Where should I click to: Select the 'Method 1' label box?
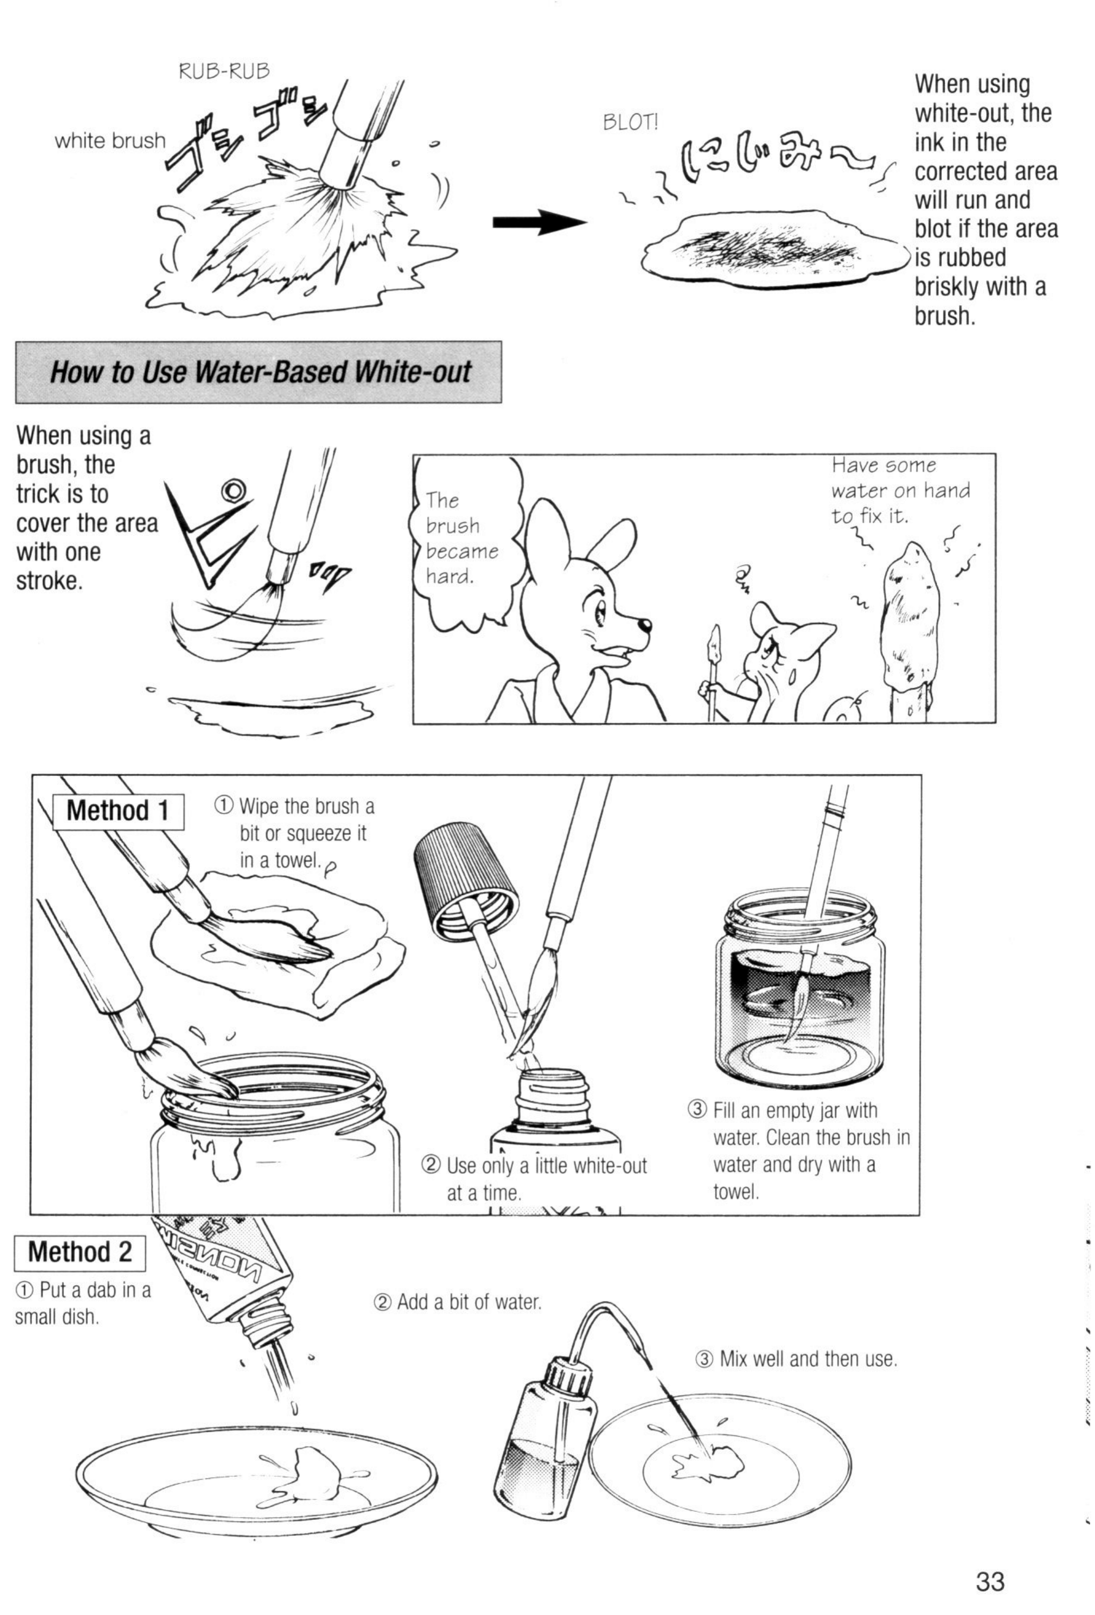point(118,811)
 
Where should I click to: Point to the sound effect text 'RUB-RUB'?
point(224,71)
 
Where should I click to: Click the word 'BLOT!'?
point(630,123)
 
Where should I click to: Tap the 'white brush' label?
point(111,141)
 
